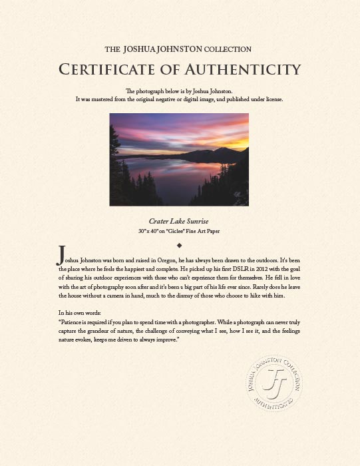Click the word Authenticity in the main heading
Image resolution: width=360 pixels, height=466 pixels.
click(242, 69)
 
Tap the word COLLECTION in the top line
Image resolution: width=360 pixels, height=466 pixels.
click(228, 49)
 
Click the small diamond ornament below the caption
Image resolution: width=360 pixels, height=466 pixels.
click(180, 245)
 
